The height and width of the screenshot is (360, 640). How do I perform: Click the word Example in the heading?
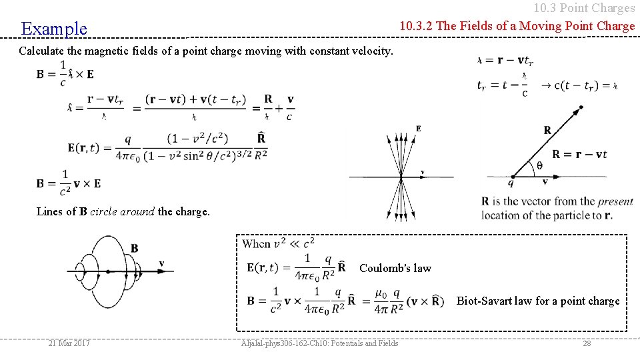click(54, 29)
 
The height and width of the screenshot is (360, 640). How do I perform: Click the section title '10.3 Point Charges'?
click(584, 8)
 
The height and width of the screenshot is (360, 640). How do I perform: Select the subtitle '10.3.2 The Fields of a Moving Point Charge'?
click(517, 26)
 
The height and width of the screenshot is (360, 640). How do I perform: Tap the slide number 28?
click(587, 343)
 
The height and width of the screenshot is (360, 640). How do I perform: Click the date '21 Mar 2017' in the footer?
click(69, 343)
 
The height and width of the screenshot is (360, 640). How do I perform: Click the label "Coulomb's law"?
click(395, 269)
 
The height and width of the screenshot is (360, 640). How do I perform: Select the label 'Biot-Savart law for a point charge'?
click(537, 301)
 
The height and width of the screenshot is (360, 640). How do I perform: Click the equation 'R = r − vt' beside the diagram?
click(579, 155)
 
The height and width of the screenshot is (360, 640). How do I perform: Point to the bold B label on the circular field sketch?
click(135, 249)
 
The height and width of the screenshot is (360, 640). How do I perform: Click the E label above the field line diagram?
click(418, 129)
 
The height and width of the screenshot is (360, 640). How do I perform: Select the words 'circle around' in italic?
click(122, 212)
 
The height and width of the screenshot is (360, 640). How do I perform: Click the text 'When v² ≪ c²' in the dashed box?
click(278, 243)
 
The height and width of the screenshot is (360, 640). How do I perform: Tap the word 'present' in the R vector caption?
click(615, 201)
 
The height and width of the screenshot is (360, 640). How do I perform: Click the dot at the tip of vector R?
click(581, 107)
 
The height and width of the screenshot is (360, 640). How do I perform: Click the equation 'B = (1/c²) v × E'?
click(69, 183)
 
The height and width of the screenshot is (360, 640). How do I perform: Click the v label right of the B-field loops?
click(161, 264)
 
